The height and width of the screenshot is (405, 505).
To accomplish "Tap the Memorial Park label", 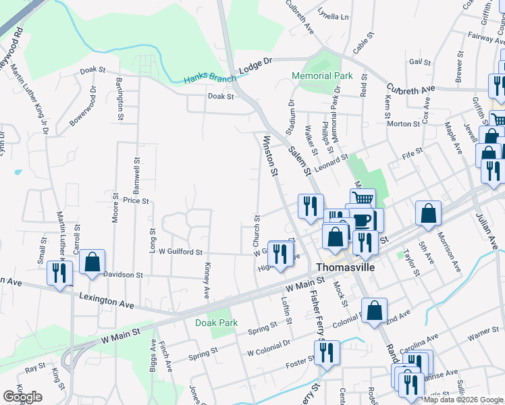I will click(321, 76).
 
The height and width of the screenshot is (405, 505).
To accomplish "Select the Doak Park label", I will click(216, 323).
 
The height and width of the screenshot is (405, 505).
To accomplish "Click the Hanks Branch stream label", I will click(210, 79).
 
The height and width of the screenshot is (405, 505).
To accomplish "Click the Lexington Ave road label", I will click(107, 300).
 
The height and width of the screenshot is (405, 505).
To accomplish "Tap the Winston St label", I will click(270, 156).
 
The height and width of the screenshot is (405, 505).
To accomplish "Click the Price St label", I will click(136, 200).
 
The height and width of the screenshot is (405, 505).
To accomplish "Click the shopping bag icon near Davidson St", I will click(92, 262).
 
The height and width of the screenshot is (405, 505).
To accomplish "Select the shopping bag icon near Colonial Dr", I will click(374, 310).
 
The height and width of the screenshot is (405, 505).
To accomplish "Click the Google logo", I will click(23, 397).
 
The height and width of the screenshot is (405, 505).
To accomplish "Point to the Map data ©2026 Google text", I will click(463, 400).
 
